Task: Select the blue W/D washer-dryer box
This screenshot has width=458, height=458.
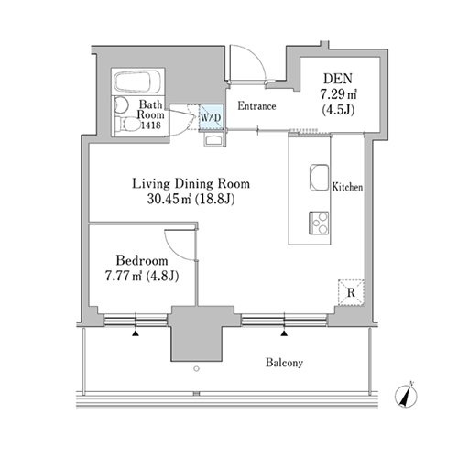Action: (x=212, y=117)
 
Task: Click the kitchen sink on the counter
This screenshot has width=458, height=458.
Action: (x=320, y=178)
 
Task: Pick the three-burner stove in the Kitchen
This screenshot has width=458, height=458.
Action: (x=319, y=223)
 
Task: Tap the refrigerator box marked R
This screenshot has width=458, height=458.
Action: (x=351, y=292)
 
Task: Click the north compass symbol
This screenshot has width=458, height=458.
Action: (x=406, y=396)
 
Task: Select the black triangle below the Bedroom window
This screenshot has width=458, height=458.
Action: (x=136, y=333)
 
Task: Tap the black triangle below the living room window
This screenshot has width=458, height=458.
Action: (x=284, y=333)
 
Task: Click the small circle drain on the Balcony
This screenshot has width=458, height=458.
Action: (x=196, y=369)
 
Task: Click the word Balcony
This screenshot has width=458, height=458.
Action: (x=284, y=363)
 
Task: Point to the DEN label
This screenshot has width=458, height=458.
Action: (x=338, y=79)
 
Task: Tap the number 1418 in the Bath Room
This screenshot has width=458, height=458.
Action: (x=151, y=125)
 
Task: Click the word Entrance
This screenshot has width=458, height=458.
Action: (x=256, y=106)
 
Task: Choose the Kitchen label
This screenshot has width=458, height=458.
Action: (x=347, y=187)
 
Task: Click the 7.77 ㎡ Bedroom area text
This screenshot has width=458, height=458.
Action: (x=124, y=277)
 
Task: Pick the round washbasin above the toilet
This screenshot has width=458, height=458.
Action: (x=122, y=104)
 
